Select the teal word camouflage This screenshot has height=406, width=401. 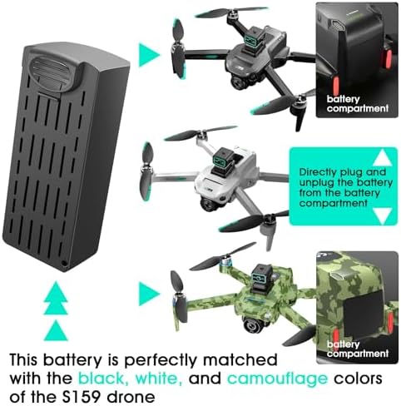coord(278,379)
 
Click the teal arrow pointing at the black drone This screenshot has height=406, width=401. coord(149,55)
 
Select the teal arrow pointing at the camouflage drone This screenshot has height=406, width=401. coord(149,294)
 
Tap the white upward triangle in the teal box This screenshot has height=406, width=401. coord(382,157)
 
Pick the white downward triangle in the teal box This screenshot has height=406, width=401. coord(382,216)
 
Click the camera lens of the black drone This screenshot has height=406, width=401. coord(237,82)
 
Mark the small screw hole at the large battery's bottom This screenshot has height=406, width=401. coord(64,263)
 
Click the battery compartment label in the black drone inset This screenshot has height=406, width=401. coord(357,104)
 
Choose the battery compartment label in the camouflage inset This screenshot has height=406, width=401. coord(357,349)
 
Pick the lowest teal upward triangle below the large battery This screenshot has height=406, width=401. coord(56,330)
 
